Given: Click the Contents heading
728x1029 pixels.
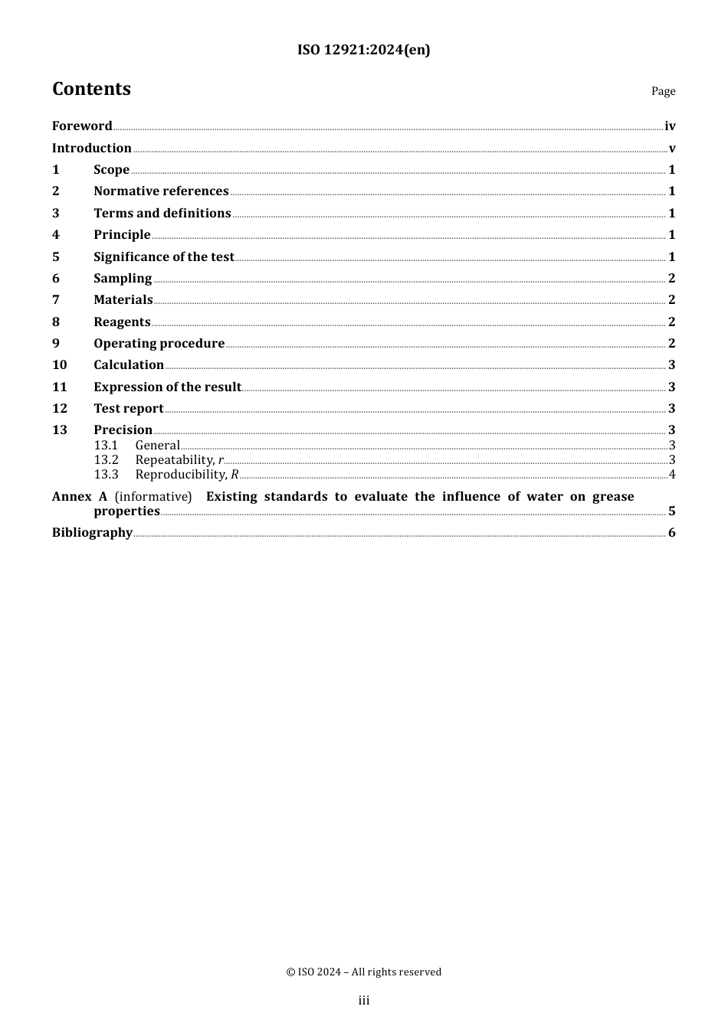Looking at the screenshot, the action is tap(91, 90).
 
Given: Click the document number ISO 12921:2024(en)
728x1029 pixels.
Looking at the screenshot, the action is tap(363, 51).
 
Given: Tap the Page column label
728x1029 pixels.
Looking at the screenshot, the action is tap(663, 91).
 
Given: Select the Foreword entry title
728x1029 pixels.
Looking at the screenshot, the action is tap(82, 126).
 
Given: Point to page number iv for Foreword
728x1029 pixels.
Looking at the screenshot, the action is tap(670, 126).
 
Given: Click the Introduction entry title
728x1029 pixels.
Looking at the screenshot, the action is tap(92, 149).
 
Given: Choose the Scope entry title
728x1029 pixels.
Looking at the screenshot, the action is tap(111, 170).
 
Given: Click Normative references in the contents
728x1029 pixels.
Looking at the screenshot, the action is tap(161, 191).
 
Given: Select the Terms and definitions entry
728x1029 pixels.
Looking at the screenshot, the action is tap(162, 214).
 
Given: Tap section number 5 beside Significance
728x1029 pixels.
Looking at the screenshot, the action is tap(56, 257).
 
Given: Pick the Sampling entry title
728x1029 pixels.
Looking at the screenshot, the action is tap(123, 279).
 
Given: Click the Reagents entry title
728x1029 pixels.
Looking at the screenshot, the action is tap(122, 322).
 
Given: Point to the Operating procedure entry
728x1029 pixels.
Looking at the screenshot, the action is tap(159, 344).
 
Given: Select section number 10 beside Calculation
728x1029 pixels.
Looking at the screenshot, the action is tap(60, 365).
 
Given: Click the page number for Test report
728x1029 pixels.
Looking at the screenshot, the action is tap(671, 409).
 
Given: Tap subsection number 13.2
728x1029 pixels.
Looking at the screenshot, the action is tap(107, 460).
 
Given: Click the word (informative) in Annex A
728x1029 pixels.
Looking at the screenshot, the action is tap(153, 497).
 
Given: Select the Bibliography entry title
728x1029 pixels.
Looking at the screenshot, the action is tap(92, 533).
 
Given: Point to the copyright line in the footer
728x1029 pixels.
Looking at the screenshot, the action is tap(363, 972).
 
